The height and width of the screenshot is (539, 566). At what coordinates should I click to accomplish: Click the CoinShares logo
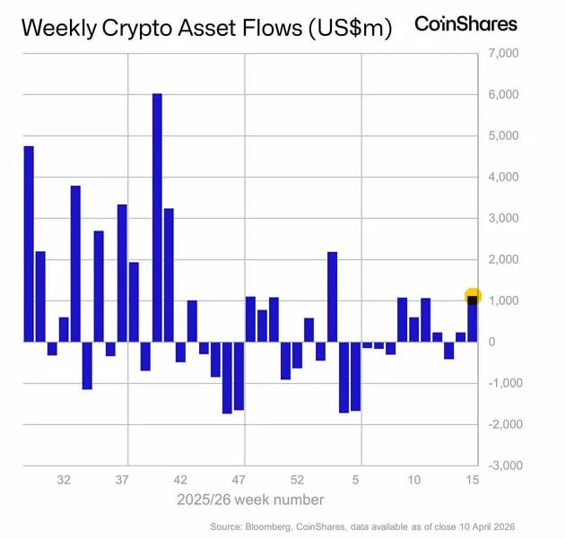[466, 24]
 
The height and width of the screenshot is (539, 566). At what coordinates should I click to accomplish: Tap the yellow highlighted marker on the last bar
[473, 297]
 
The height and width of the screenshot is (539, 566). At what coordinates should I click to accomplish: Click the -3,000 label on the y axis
[503, 466]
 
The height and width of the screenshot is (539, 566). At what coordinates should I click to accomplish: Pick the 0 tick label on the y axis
[492, 342]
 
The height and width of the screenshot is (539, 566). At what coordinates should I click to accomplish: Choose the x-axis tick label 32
[64, 480]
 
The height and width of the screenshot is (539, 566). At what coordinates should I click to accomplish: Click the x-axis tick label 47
[239, 480]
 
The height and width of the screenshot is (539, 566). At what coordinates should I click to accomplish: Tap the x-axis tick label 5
[356, 480]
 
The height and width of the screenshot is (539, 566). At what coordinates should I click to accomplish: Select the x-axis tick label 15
[472, 480]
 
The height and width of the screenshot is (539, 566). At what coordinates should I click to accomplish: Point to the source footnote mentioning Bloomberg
[363, 526]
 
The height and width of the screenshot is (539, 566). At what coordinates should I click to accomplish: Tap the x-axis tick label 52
[297, 480]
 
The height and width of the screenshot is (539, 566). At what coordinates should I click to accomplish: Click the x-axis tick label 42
[180, 480]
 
